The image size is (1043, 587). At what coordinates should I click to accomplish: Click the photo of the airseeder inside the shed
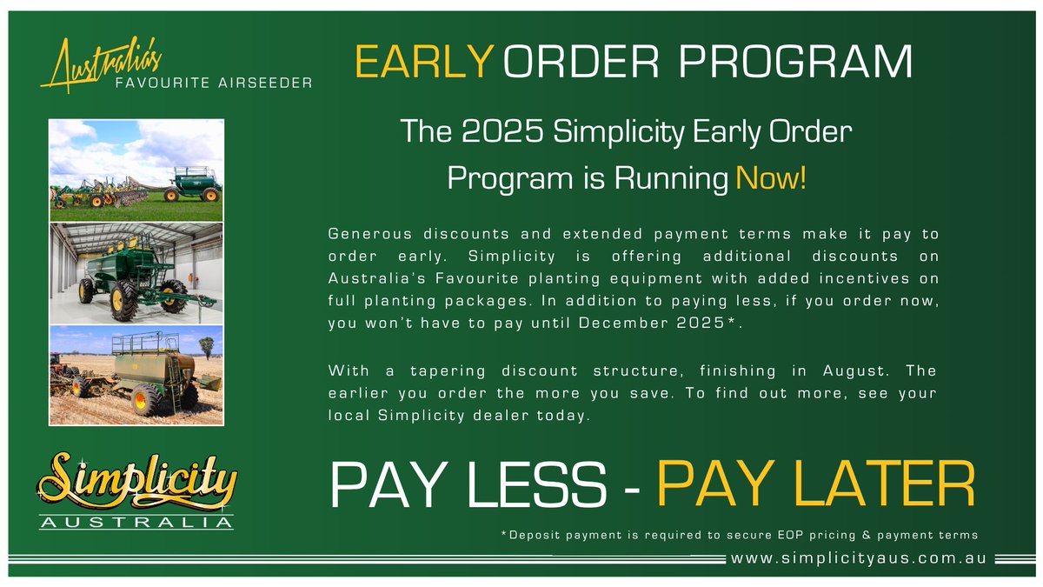pos(136,273)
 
